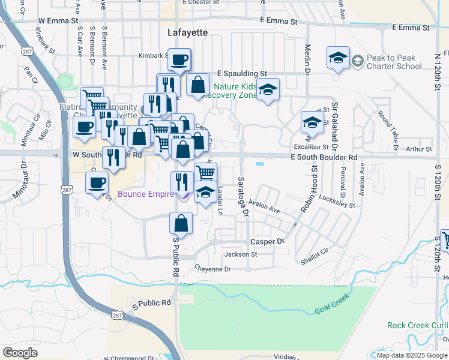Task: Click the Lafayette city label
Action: coord(183,31)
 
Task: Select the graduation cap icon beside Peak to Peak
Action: coord(338,58)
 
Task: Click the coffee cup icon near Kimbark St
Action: coord(179,60)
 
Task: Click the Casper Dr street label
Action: coord(267,241)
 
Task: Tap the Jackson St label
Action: coord(240,254)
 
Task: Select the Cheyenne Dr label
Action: coord(213,269)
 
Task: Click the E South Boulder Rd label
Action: coord(324,157)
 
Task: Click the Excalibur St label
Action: coord(312,146)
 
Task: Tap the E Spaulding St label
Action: coord(242,73)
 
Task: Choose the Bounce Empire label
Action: coord(145,193)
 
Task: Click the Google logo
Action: coord(20,352)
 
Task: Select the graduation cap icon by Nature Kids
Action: coord(268,90)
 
